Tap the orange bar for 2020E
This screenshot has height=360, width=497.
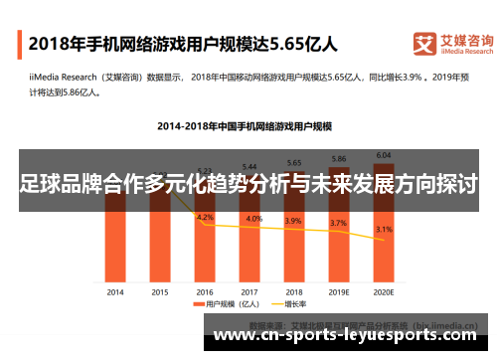(x=384, y=239)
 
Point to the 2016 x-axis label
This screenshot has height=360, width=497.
(x=205, y=291)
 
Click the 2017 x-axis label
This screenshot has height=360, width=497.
(x=249, y=291)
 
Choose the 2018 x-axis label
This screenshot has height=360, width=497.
(x=294, y=291)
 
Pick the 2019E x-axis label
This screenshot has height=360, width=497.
(x=339, y=291)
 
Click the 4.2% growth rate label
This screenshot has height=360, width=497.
(x=205, y=217)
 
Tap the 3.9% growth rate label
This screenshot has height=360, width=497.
(x=294, y=221)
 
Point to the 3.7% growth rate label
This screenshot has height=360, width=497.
(x=339, y=224)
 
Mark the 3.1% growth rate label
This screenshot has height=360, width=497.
(x=384, y=230)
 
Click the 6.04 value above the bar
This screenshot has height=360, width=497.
(x=384, y=155)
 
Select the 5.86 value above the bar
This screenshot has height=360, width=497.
(x=339, y=159)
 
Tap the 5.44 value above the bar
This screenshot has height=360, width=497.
(x=249, y=166)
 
